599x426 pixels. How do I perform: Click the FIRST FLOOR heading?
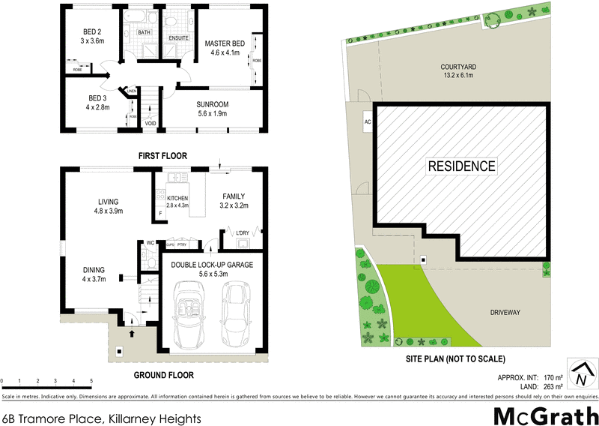[162, 155]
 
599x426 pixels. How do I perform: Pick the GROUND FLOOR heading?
[164, 375]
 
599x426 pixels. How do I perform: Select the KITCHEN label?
[178, 198]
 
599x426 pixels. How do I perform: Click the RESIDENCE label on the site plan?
[461, 166]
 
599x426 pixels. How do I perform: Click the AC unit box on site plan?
[368, 122]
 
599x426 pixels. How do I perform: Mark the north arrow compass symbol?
[581, 373]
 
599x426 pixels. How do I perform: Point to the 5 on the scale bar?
[91, 382]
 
